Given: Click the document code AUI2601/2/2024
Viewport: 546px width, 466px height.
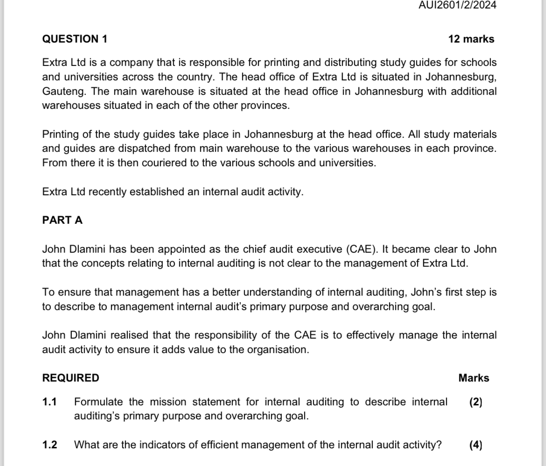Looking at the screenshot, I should [451, 5].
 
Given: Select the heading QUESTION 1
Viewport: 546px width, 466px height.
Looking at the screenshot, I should [75, 39].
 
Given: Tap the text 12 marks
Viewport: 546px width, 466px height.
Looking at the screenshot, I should [471, 39].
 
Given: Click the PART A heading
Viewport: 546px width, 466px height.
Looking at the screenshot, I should [62, 220].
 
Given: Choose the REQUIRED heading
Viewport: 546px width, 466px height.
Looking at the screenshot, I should [70, 378].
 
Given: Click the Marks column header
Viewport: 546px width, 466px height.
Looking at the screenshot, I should [474, 378].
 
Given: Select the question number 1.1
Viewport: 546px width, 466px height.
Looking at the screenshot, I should [49, 402].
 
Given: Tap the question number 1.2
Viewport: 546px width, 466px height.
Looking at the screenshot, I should [49, 445].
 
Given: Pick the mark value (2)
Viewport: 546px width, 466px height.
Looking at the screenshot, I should [476, 402].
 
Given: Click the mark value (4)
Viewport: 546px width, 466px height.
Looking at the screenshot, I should [476, 445].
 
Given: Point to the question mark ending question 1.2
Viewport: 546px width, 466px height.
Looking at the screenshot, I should [439, 445].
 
